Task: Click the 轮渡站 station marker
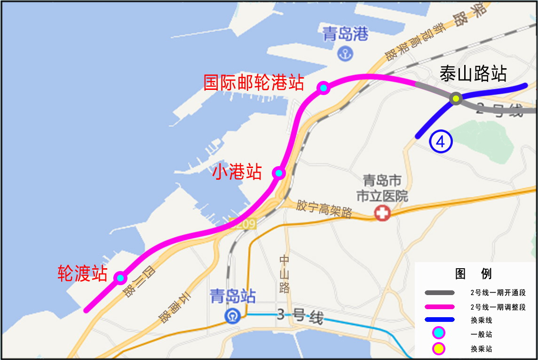tap(120, 278)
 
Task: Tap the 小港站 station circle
tap(279, 173)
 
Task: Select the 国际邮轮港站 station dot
tap(323, 88)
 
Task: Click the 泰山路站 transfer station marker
tap(456, 99)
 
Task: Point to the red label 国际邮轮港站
tap(253, 82)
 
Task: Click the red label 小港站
tap(237, 172)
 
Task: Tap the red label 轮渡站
tap(82, 273)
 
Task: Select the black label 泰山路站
tap(473, 74)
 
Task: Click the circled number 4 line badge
tap(441, 141)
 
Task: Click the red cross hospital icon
tap(382, 214)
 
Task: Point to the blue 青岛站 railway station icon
tap(233, 315)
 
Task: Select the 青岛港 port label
tap(346, 34)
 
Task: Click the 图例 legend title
tap(473, 273)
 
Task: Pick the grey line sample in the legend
tap(440, 293)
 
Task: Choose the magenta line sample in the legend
tap(440, 307)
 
